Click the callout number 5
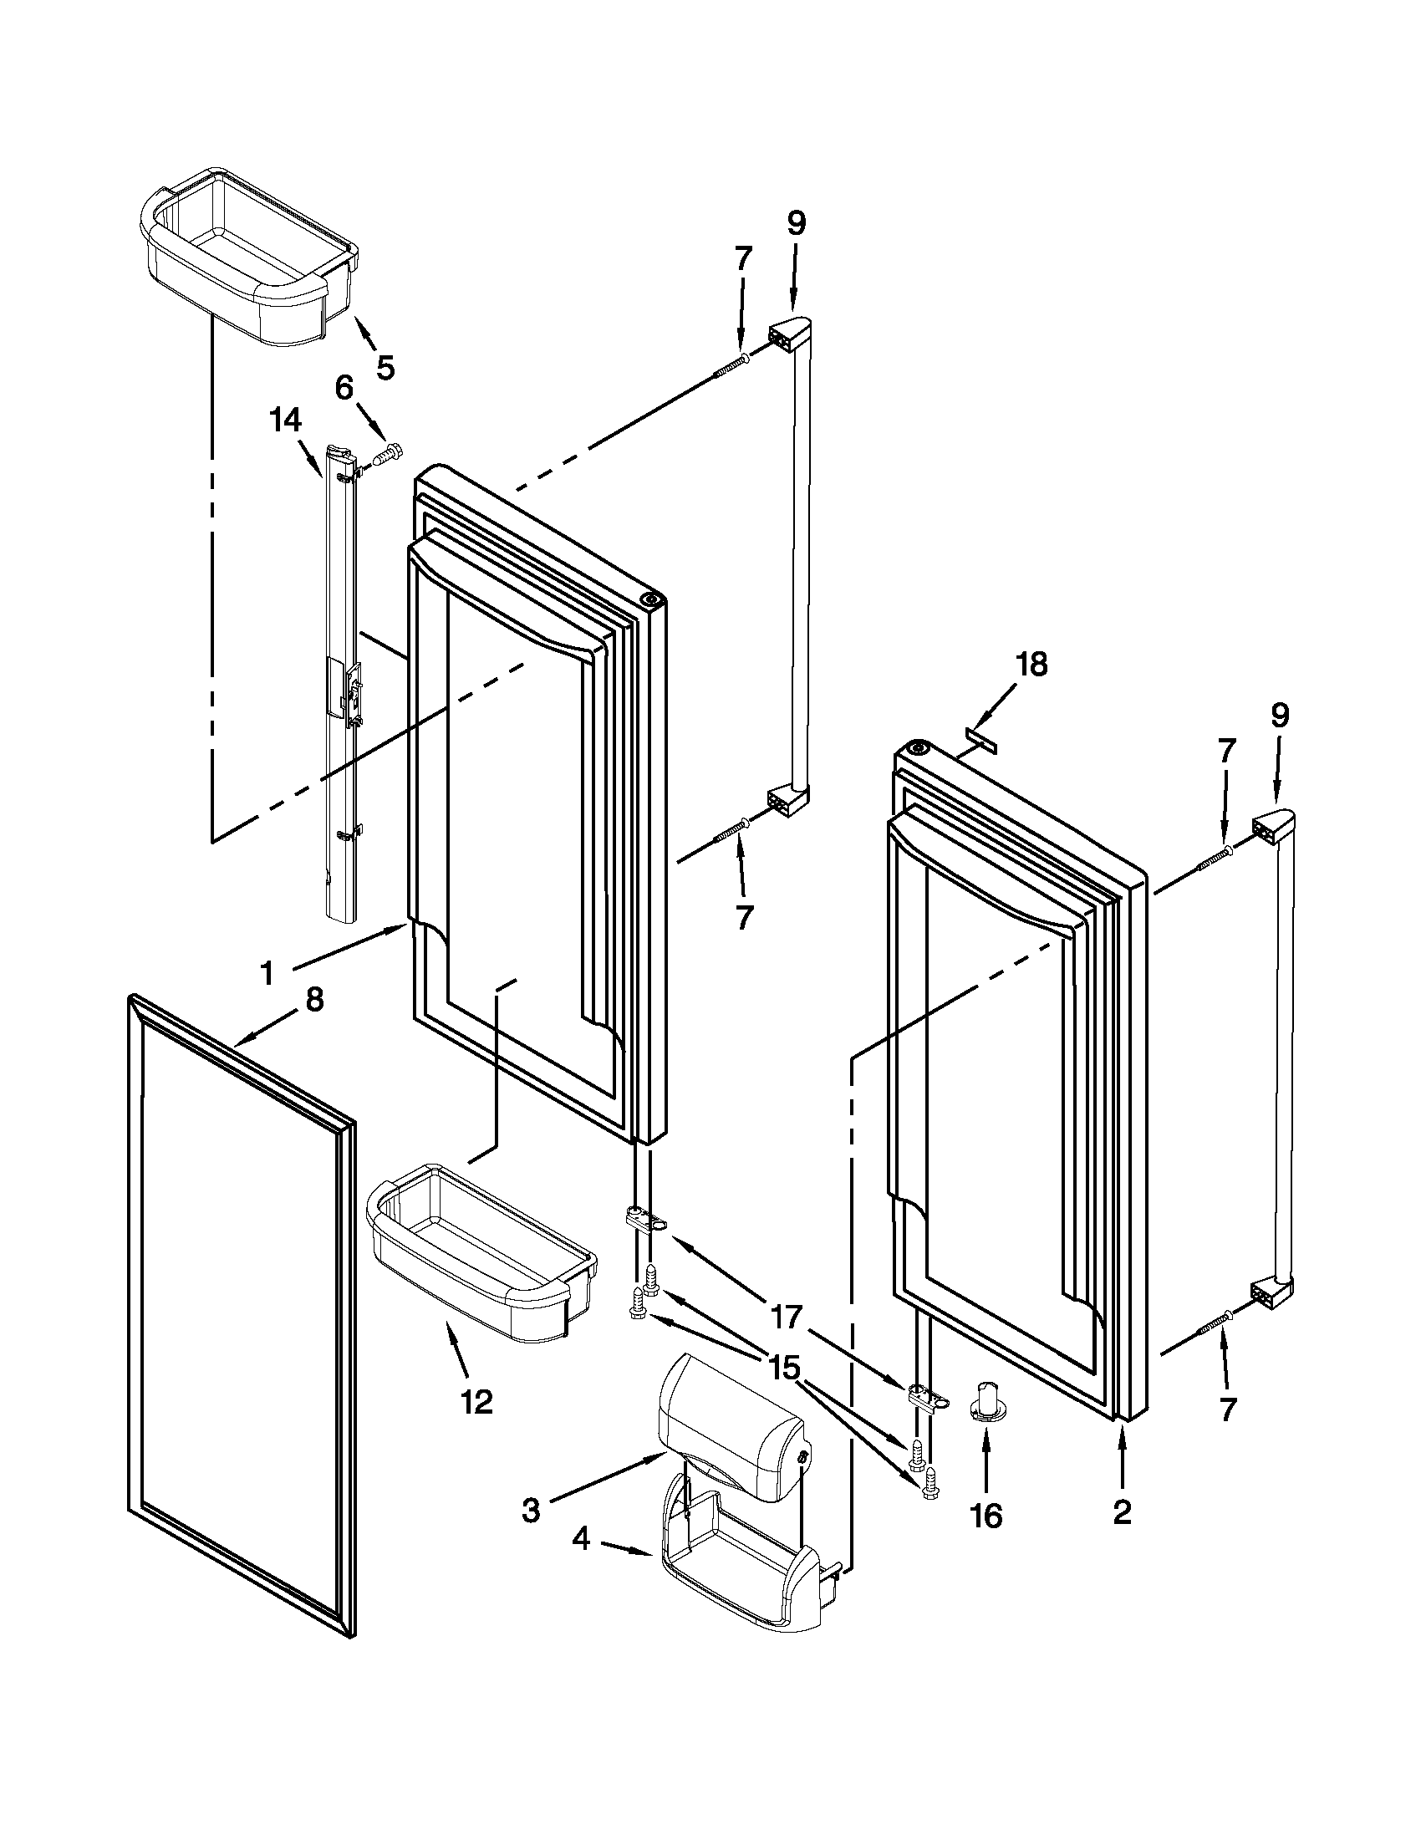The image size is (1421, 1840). click(385, 368)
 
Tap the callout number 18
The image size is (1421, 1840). click(1031, 665)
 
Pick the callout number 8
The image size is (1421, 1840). click(313, 1000)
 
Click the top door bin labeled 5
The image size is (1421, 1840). click(244, 269)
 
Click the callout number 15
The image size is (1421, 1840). click(783, 1368)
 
